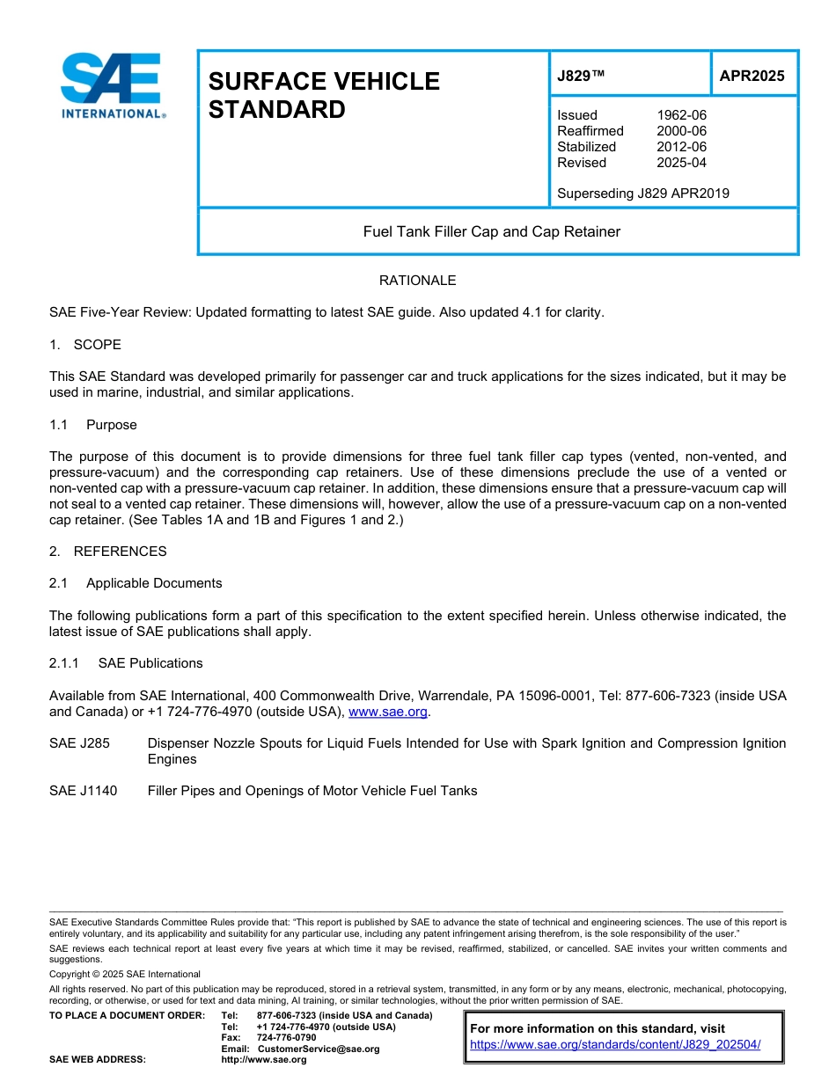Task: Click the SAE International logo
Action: tap(112, 85)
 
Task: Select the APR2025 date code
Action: tap(752, 76)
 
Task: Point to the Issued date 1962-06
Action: tap(681, 115)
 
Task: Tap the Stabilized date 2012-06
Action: tap(681, 147)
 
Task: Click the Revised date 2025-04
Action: tap(681, 163)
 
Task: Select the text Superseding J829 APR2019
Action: tap(642, 194)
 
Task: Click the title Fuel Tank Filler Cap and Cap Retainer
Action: tap(492, 232)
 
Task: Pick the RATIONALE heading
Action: tap(417, 281)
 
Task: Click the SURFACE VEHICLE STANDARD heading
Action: tap(324, 95)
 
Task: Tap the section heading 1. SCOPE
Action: tap(85, 345)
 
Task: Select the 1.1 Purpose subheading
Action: tap(93, 425)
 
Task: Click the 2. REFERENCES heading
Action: tap(107, 552)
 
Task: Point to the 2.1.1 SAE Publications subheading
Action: tap(126, 663)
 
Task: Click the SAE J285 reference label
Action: tap(80, 743)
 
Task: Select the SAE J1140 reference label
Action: tap(84, 791)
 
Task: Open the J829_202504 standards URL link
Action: tap(614, 1045)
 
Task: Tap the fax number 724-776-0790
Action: tap(286, 1038)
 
